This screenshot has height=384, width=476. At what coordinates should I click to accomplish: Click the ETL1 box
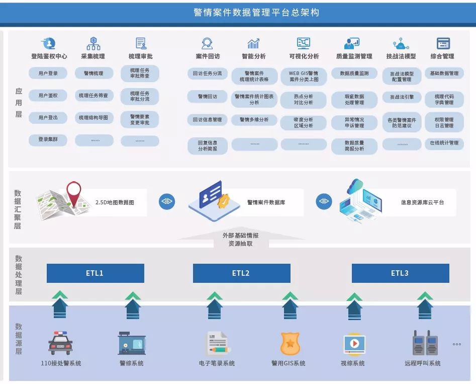(95, 273)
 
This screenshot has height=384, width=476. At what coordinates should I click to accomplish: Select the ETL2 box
(241, 273)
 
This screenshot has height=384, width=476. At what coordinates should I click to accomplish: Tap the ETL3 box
(400, 273)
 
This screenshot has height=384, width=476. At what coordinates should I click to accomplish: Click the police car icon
(61, 343)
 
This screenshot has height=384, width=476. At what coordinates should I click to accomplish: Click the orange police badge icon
(290, 344)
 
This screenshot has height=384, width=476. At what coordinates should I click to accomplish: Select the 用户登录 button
(48, 73)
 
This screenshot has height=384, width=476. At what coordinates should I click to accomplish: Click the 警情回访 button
(208, 96)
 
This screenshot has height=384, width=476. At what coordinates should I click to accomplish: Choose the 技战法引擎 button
(402, 97)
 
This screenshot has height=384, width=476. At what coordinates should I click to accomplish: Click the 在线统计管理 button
(444, 143)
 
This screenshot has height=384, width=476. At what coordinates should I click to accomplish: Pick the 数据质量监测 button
(354, 73)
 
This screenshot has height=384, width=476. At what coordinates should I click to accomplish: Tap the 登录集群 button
(48, 140)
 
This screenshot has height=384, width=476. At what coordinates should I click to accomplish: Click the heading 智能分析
(254, 56)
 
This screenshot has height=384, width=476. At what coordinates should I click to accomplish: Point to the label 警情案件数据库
(266, 202)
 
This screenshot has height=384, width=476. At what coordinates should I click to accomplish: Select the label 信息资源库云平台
(422, 202)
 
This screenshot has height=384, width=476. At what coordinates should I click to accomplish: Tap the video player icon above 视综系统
(353, 344)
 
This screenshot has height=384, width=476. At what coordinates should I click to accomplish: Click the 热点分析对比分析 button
(303, 99)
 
